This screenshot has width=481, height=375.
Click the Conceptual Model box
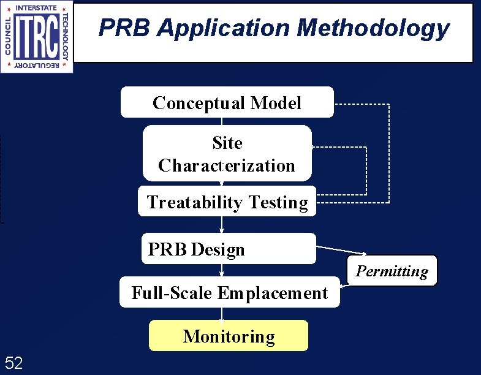click(x=227, y=102)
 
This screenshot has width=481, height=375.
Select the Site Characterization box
click(x=227, y=153)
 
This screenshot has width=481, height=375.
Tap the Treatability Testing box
click(x=227, y=202)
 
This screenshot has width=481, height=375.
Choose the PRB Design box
click(x=228, y=249)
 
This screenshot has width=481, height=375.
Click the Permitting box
click(x=392, y=271)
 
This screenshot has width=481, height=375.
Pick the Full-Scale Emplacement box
click(x=229, y=293)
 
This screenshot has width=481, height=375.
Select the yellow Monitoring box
click(x=229, y=336)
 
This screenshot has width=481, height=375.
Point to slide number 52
click(x=13, y=363)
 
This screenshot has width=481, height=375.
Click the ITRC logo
click(x=37, y=36)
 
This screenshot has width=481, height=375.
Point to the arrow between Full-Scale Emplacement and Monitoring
click(x=222, y=314)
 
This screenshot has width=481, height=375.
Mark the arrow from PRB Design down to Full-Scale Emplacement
click(x=222, y=270)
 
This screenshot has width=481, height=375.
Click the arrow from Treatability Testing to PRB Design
click(x=222, y=224)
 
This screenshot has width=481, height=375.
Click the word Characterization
click(x=227, y=165)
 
